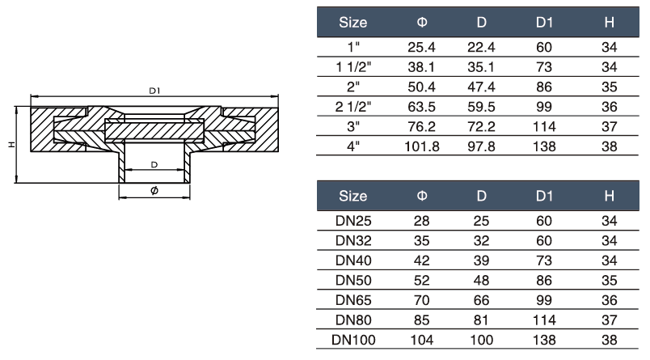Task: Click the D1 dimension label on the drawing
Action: (154, 91)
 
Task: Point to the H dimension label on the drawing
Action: (11, 143)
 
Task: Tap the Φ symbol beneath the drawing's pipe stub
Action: (154, 189)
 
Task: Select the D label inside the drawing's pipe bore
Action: (154, 165)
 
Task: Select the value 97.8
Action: (481, 146)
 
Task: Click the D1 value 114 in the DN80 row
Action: (544, 319)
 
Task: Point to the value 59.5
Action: (481, 107)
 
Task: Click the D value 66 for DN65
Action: (481, 299)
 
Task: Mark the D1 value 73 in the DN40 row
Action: (544, 260)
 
